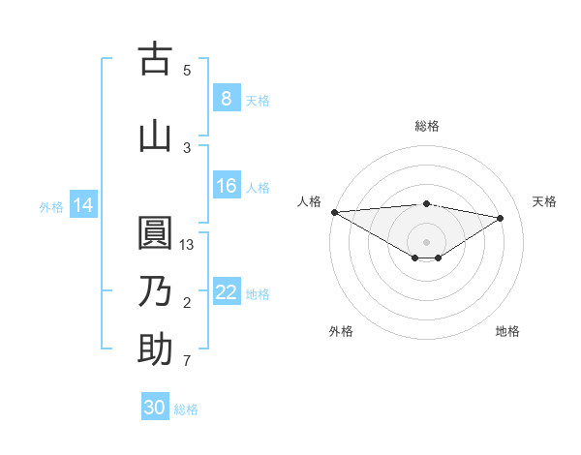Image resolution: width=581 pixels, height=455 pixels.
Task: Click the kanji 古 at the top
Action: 155,59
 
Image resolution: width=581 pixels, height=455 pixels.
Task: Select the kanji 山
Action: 155,136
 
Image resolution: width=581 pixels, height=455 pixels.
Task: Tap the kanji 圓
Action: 155,233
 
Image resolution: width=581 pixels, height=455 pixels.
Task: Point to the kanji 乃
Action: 155,291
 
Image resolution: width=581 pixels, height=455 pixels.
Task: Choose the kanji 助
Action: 155,349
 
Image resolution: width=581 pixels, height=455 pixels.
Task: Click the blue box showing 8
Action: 226,98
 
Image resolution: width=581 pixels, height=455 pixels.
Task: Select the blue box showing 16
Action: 226,186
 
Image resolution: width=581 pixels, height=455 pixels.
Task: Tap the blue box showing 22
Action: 226,292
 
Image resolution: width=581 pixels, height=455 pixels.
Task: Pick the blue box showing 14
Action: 83,205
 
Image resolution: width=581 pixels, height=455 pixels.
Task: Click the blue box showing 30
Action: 155,408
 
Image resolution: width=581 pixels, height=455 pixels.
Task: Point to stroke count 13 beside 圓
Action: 188,245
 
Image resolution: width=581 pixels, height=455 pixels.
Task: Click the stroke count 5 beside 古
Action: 187,71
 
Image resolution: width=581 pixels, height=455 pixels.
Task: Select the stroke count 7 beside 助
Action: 187,361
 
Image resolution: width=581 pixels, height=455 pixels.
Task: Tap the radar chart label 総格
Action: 426,126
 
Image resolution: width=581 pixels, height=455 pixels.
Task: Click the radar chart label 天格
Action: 545,201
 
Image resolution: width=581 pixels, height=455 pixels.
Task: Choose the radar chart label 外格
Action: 341,331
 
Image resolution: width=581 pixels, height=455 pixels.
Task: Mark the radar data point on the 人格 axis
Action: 334,212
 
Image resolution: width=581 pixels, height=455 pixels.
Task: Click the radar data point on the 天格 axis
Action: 501,217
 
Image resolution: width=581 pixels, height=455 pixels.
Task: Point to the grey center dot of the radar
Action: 426,241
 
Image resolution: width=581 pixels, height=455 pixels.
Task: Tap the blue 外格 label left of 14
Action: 51,206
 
